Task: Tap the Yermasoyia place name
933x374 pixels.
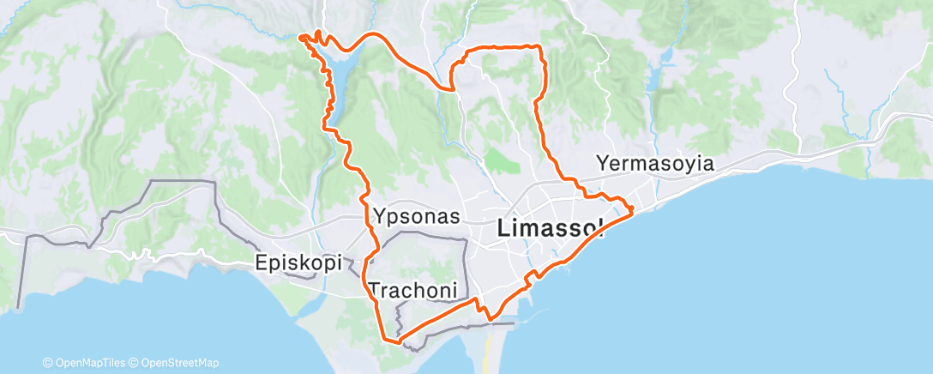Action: [655, 163]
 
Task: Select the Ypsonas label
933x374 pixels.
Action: [417, 214]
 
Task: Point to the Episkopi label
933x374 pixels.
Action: [299, 262]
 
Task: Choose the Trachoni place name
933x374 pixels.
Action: [412, 289]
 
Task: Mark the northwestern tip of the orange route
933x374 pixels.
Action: [301, 36]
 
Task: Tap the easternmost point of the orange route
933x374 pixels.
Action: [632, 208]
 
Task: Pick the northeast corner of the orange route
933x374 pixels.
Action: [539, 46]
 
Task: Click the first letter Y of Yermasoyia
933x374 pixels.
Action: [603, 163]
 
